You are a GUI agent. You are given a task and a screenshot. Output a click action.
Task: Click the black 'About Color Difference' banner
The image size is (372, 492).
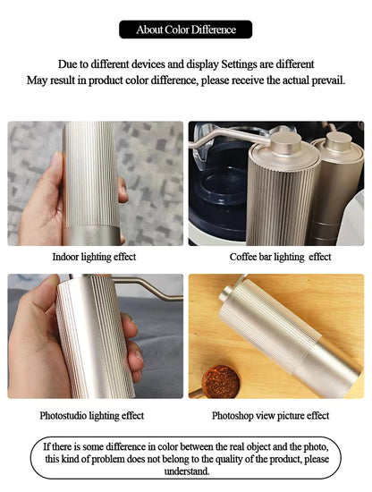185,30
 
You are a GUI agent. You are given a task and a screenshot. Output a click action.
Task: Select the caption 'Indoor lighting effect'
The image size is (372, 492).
94,257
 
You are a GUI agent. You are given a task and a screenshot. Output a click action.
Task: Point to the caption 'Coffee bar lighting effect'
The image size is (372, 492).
280,257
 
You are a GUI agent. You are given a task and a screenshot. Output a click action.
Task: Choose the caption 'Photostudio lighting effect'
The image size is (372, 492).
91,416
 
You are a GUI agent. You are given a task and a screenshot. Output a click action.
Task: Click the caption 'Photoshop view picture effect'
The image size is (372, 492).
270,416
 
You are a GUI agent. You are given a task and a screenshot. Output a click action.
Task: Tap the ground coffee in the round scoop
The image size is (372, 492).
221,382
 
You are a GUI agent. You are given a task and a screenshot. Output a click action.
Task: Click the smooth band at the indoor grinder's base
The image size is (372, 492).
91,235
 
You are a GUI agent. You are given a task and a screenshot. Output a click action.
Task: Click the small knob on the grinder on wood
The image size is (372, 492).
226,293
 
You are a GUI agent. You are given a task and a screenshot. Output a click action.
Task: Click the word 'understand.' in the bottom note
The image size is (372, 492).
187,471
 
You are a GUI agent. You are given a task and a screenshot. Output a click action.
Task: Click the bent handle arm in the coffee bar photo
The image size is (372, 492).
229,137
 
